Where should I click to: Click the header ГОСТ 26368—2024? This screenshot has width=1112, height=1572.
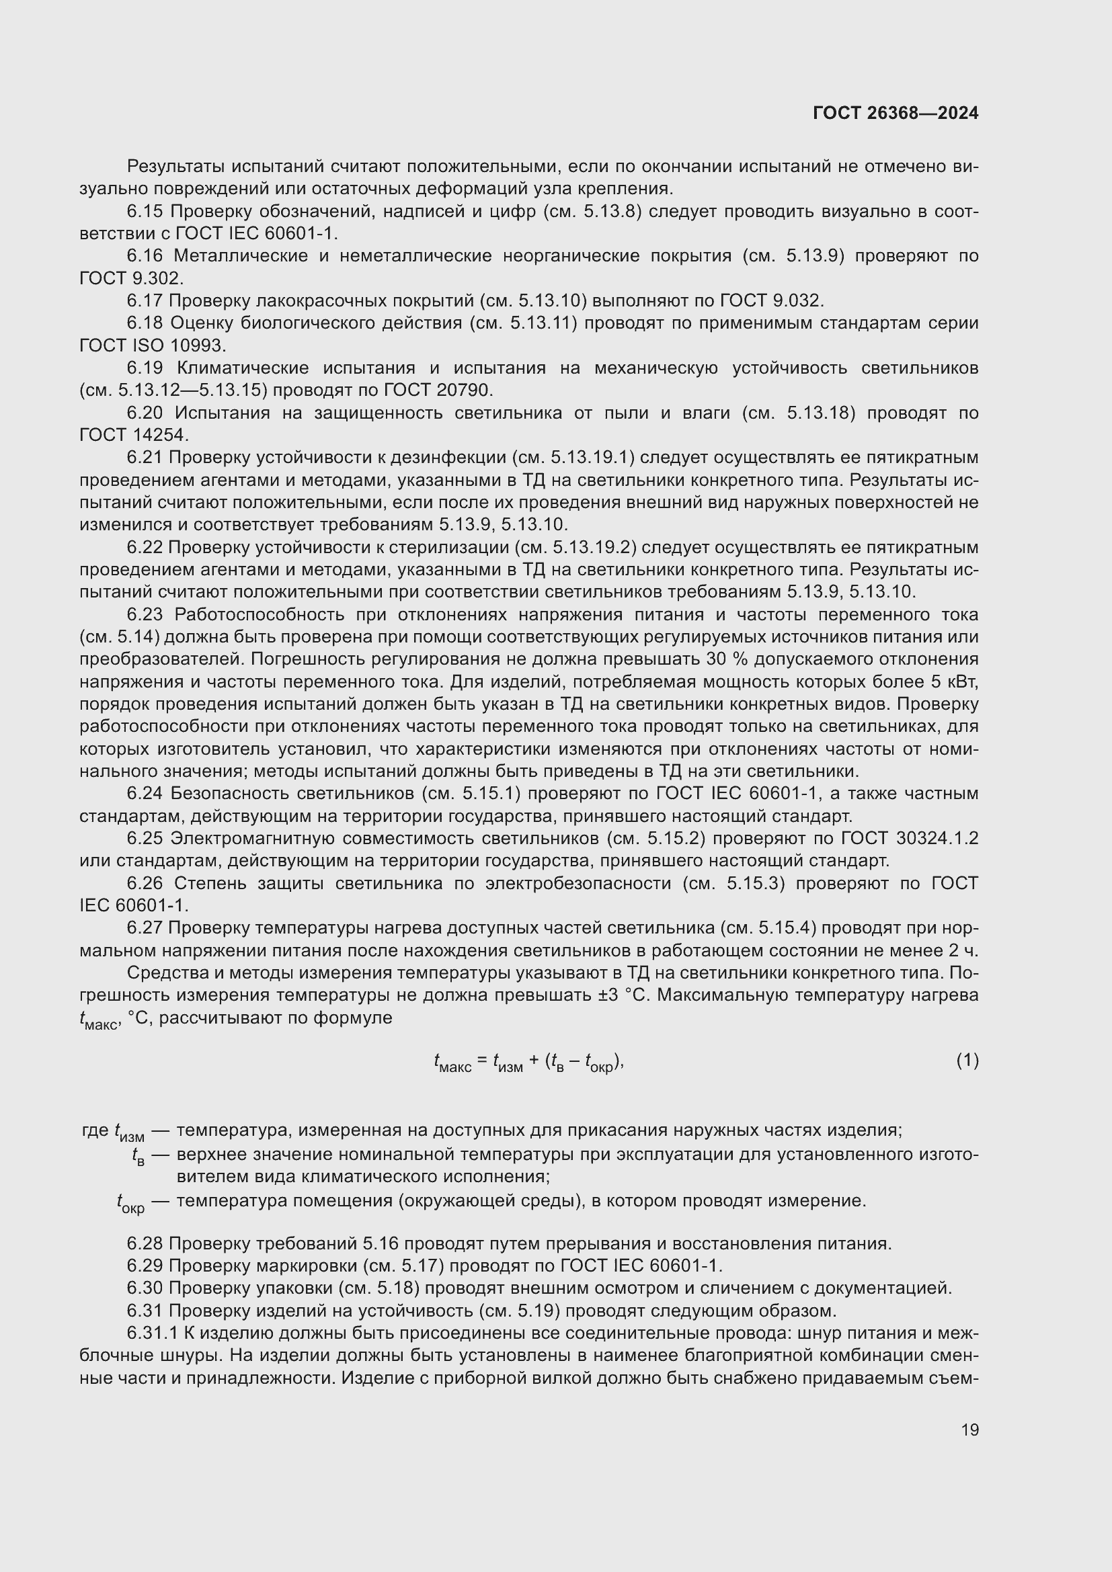coord(895,113)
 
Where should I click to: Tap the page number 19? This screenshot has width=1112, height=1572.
coord(969,1430)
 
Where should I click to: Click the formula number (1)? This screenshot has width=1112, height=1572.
coord(967,1061)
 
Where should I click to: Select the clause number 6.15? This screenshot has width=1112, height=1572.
coord(145,212)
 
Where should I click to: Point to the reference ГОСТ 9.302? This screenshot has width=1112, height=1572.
coord(132,279)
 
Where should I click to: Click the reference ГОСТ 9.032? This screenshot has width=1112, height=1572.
coord(772,300)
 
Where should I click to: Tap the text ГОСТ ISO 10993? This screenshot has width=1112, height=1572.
coord(152,345)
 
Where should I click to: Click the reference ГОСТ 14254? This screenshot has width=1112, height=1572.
coord(134,436)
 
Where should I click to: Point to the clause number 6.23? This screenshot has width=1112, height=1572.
coord(145,615)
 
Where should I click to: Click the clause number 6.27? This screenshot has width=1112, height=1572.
coord(145,928)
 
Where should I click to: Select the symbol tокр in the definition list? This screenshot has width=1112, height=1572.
coord(131,1202)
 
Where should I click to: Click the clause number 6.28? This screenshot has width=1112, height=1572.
coord(145,1243)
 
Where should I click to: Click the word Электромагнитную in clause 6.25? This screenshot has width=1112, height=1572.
coord(245,839)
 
